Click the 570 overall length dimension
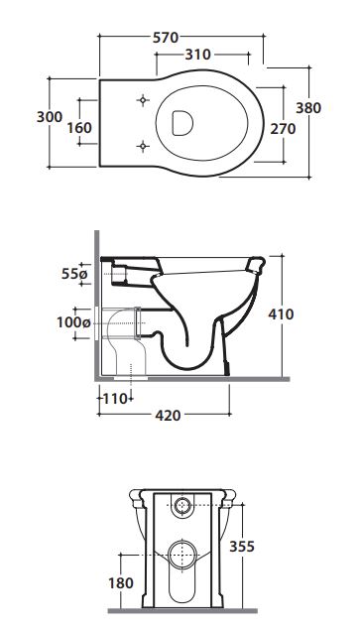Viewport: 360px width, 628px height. (166, 38)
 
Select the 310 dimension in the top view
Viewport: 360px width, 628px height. (197, 55)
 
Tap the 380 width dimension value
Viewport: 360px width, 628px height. (308, 108)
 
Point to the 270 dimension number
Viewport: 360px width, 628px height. (283, 129)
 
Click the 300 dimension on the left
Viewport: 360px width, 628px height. (50, 117)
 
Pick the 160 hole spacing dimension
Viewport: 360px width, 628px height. (79, 128)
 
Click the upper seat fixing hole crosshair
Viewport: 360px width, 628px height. (143, 100)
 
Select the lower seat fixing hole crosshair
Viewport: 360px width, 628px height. (143, 146)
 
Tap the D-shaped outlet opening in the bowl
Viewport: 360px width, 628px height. (182, 123)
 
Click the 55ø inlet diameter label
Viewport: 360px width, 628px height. (74, 274)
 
